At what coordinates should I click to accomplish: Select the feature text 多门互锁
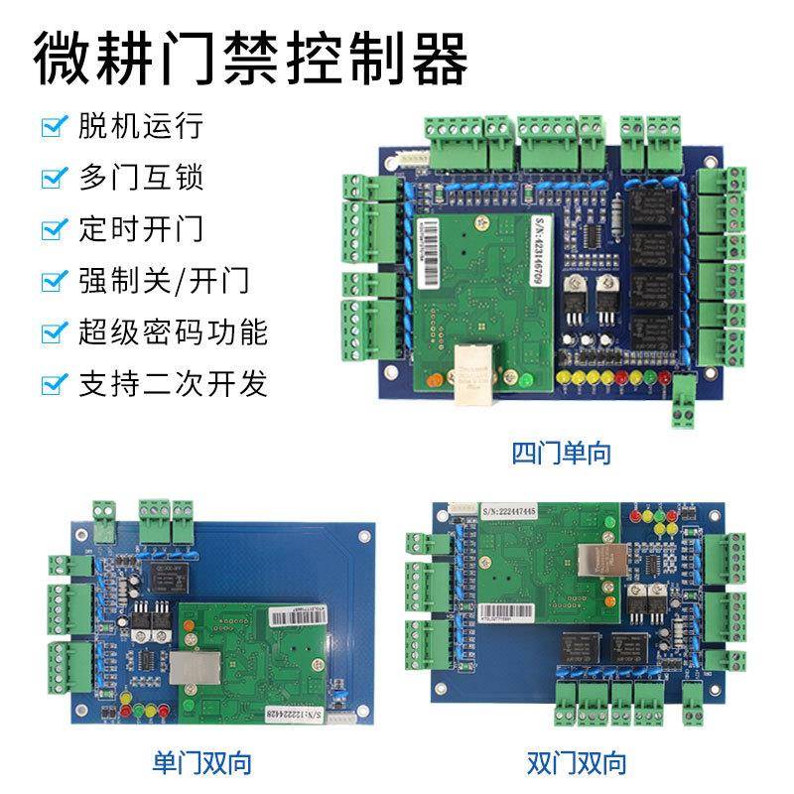coord(140,179)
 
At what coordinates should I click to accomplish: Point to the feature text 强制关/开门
coord(164,280)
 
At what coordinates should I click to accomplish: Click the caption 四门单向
coord(561,455)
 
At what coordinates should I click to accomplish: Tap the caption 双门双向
coord(577,762)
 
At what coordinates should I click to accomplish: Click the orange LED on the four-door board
coord(430,379)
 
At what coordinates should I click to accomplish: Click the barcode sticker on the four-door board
coord(420,240)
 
